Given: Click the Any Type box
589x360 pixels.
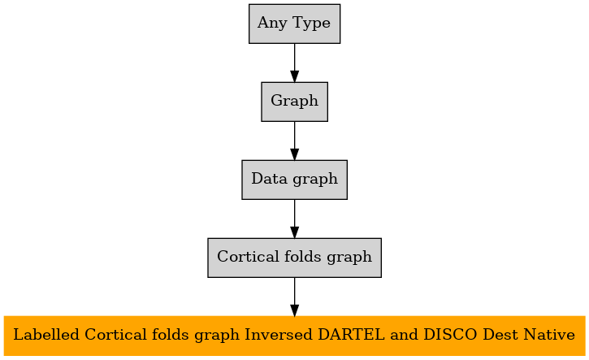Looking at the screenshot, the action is (294, 24).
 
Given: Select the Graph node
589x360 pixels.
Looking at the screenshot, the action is (294, 102).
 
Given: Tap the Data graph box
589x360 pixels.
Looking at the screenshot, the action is (294, 180).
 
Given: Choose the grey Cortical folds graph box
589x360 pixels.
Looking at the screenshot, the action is (294, 258).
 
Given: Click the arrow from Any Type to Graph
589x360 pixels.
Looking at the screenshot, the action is (294, 63).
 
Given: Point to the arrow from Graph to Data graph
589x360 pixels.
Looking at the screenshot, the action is (294, 141).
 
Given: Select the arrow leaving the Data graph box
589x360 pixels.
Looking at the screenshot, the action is (294, 219).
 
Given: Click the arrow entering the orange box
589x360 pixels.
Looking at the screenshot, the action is (294, 297).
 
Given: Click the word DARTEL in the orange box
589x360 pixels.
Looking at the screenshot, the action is (351, 335).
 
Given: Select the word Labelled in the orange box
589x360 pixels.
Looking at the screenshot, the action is (46, 335).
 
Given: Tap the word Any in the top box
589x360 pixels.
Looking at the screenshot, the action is (272, 24).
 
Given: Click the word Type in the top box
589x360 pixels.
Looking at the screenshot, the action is (311, 24).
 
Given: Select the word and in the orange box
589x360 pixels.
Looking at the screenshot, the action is (405, 335).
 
